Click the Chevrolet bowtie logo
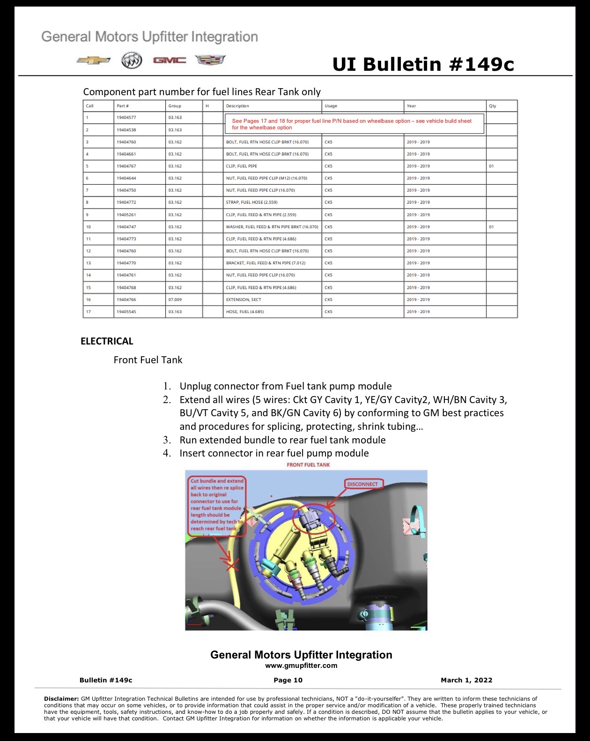coord(94,60)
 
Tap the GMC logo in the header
coord(170,60)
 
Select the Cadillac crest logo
coord(210,60)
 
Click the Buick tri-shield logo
coord(132,61)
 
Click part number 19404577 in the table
coord(126,118)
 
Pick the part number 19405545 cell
coord(126,312)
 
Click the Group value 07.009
coord(175,299)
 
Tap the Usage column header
coord(331,106)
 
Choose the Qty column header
coord(493,106)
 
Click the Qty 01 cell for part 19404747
coord(491,227)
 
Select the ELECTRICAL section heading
coord(107,341)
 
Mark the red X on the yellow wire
coord(232,565)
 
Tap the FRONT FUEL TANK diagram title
coord(308,465)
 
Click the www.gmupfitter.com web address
coord(301,666)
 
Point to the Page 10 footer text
coord(288,680)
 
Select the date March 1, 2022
coord(466,680)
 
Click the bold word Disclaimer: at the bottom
coord(62,699)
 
